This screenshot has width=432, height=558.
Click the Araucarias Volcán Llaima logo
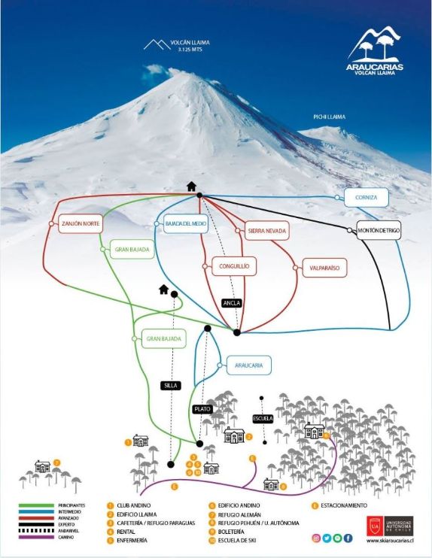coord(375,52)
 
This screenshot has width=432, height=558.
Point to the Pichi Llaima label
coord(329,117)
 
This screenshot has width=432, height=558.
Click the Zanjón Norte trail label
coord(80,224)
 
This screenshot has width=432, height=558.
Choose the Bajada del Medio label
coord(184,224)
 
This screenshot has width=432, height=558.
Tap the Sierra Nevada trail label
coord(266,231)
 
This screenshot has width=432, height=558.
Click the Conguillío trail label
coord(229,265)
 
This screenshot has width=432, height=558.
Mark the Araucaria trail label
coord(248,365)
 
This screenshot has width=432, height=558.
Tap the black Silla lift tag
coord(171,385)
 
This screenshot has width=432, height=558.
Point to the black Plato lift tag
coord(202,409)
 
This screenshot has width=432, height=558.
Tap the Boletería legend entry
coord(233,532)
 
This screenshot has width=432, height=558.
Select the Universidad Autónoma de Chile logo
coord(390,523)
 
